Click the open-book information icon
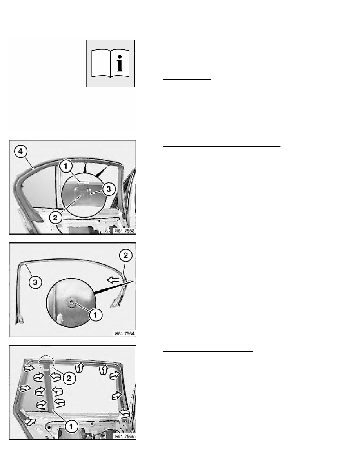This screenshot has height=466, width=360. (111, 63)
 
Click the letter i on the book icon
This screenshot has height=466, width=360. (120, 63)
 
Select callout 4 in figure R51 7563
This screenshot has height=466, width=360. (20, 151)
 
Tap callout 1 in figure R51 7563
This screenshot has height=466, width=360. (66, 166)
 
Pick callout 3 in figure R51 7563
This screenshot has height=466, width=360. (108, 189)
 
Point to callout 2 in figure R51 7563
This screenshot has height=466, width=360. (55, 218)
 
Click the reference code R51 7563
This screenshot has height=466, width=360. (125, 231)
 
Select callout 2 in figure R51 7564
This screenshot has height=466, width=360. (125, 255)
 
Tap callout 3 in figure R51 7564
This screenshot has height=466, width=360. (35, 282)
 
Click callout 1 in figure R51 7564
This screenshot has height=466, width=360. (96, 315)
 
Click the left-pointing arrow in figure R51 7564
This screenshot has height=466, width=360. (113, 280)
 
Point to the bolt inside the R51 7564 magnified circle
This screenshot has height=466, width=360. (72, 302)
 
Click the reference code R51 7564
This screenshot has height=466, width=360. (125, 333)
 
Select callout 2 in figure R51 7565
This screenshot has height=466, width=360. (69, 378)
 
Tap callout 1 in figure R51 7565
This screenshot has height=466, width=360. (71, 426)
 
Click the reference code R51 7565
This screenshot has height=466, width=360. (125, 436)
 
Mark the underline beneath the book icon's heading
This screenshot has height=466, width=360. (187, 79)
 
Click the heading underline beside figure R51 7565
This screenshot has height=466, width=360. (207, 351)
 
